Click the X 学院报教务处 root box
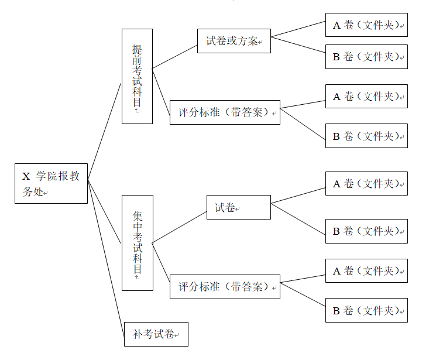[51, 183]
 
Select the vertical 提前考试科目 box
[137, 76]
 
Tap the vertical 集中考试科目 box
[137, 242]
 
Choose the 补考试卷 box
[156, 334]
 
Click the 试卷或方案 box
[234, 41]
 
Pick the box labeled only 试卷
[238, 207]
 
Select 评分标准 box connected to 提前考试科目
[225, 112]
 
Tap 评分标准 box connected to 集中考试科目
[225, 287]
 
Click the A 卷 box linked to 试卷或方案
[366, 25]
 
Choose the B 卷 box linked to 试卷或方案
[366, 57]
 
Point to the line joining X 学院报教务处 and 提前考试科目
[104, 132]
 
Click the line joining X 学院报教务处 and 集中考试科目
[105, 211]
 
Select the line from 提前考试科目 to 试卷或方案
[174, 57]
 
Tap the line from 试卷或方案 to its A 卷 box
[298, 29]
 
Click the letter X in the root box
[26, 176]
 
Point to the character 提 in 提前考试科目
[137, 49]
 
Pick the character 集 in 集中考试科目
[137, 215]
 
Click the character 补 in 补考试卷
[138, 335]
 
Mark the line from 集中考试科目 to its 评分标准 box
[160, 258]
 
